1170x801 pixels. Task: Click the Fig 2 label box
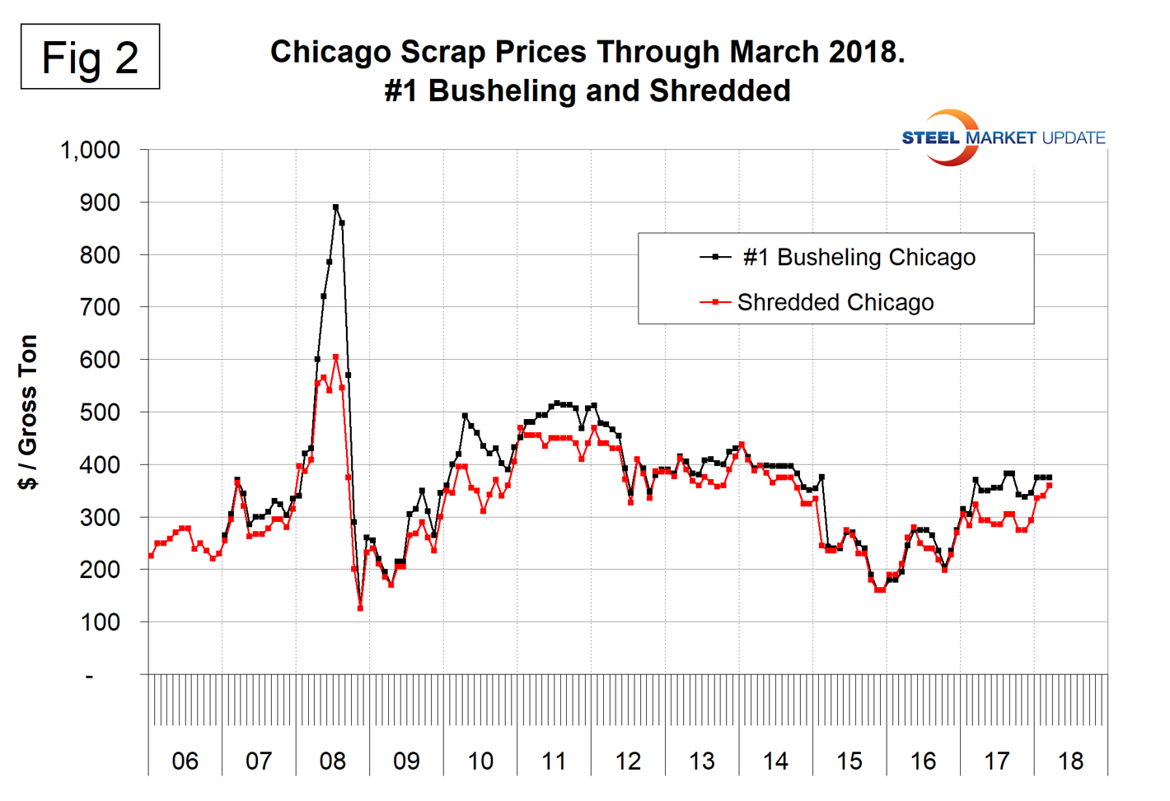click(90, 57)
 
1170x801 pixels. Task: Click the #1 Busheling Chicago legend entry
click(837, 258)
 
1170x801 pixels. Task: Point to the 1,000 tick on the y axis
click(90, 151)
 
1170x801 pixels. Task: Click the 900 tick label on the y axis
click(99, 203)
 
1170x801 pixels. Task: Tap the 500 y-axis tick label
click(99, 412)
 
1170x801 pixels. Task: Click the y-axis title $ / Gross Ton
click(28, 412)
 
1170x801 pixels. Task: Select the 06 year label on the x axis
click(185, 761)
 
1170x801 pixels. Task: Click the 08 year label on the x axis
click(332, 761)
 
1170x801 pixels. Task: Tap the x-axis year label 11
click(554, 761)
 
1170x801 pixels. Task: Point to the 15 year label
click(849, 761)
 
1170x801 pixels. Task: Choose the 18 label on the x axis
click(1070, 761)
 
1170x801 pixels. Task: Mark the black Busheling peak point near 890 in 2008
click(335, 207)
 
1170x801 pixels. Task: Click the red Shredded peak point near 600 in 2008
click(335, 357)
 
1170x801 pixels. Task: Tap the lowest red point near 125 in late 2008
click(360, 608)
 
